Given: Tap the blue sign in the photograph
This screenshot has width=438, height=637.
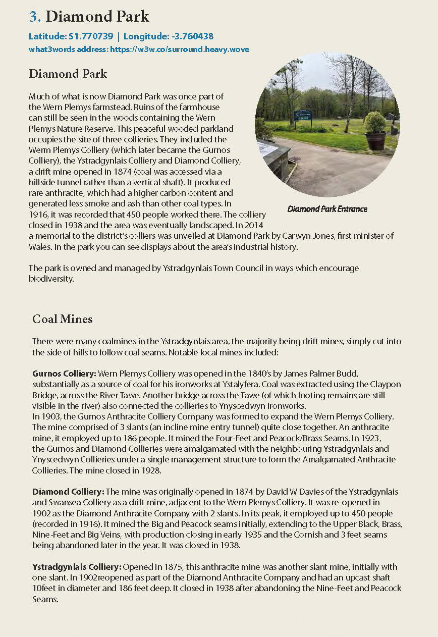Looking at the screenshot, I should click(x=303, y=116).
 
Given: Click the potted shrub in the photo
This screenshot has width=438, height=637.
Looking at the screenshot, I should click(x=375, y=131).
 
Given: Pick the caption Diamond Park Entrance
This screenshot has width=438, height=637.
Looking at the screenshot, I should click(x=327, y=209).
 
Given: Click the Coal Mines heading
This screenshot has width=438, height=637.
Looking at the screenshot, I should click(x=62, y=319).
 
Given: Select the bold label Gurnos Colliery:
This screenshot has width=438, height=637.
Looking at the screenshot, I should click(x=64, y=374).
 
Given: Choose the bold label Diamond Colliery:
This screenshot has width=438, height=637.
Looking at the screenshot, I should click(x=68, y=492).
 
